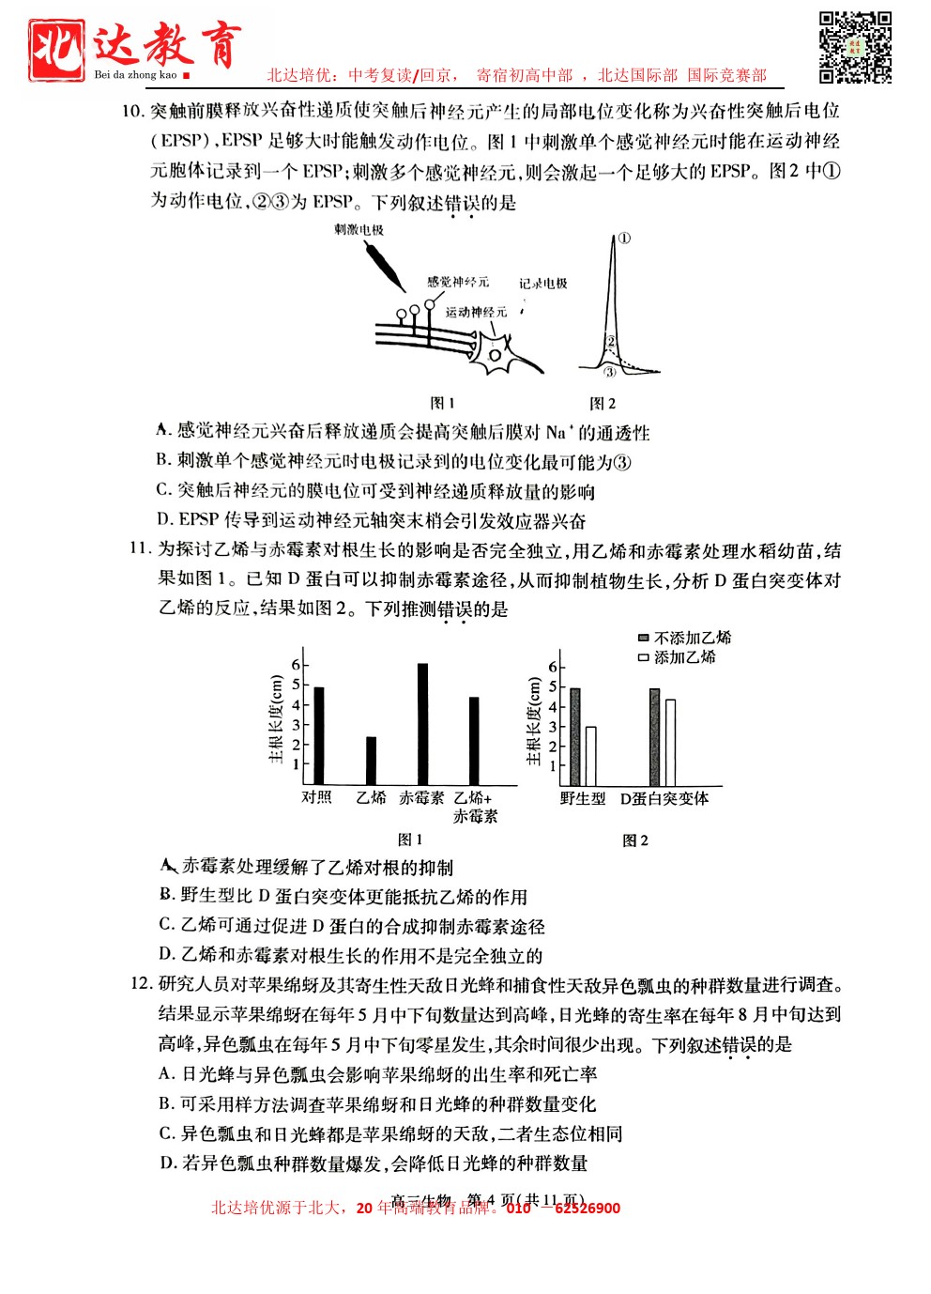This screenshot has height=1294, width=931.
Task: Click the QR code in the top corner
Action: pos(855,48)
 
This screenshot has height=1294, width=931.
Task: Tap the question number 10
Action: pos(132,111)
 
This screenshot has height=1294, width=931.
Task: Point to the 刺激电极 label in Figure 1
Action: pos(359,229)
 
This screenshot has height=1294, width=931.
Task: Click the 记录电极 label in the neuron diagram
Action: pos(543,283)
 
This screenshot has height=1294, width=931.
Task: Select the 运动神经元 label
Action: pos(476,312)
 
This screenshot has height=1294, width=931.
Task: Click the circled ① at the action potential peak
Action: pos(625,239)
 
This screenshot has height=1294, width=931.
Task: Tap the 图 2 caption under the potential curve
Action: pos(603,403)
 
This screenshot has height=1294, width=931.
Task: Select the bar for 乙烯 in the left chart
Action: pos(371,761)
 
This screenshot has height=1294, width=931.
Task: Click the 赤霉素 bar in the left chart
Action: pos(422,724)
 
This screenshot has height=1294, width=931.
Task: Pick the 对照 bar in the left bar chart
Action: pos(319,735)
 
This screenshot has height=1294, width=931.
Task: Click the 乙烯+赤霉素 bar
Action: pos(474,740)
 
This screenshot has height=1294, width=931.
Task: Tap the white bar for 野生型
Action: pos(590,756)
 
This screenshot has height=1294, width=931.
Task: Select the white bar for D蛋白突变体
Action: pos(670,742)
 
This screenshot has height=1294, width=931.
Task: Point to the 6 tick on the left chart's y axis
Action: pos(296,664)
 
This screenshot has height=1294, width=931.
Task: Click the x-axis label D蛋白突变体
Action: pos(664,798)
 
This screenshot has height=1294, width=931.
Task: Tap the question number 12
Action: pos(141,984)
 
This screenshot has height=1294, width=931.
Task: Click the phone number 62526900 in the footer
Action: pos(588,1208)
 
